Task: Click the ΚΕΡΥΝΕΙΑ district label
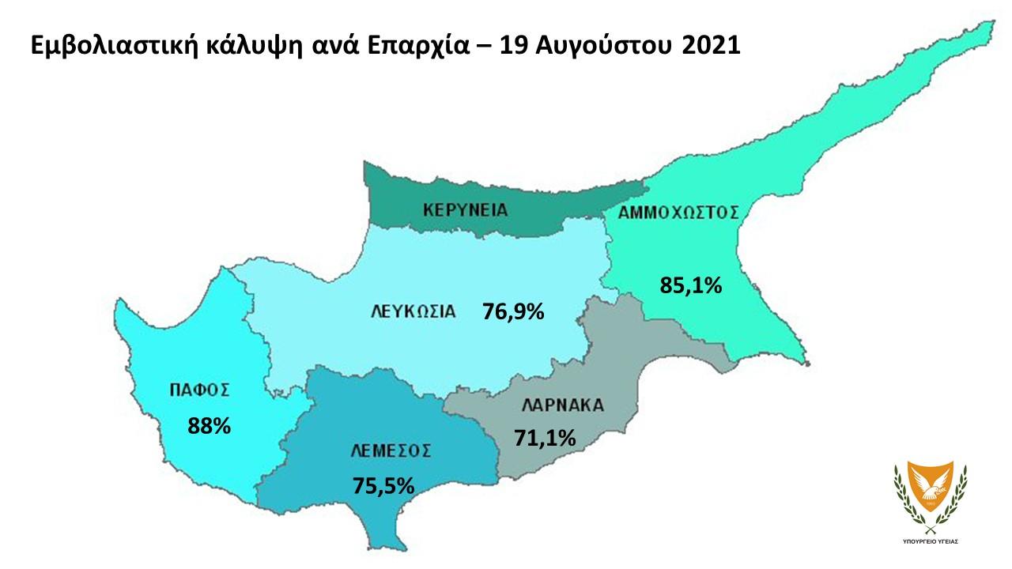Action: click(465, 210)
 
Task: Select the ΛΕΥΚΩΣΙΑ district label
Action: click(413, 311)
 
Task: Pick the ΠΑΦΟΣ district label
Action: click(199, 390)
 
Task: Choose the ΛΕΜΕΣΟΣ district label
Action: click(391, 451)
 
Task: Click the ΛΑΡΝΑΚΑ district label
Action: click(562, 406)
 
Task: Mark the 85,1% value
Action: click(690, 285)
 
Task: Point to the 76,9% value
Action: click(513, 312)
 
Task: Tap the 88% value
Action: click(209, 427)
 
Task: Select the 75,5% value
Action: click(383, 485)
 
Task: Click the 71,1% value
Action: click(545, 437)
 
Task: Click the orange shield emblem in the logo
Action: click(931, 488)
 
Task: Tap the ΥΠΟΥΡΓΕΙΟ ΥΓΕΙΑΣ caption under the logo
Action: click(931, 543)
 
